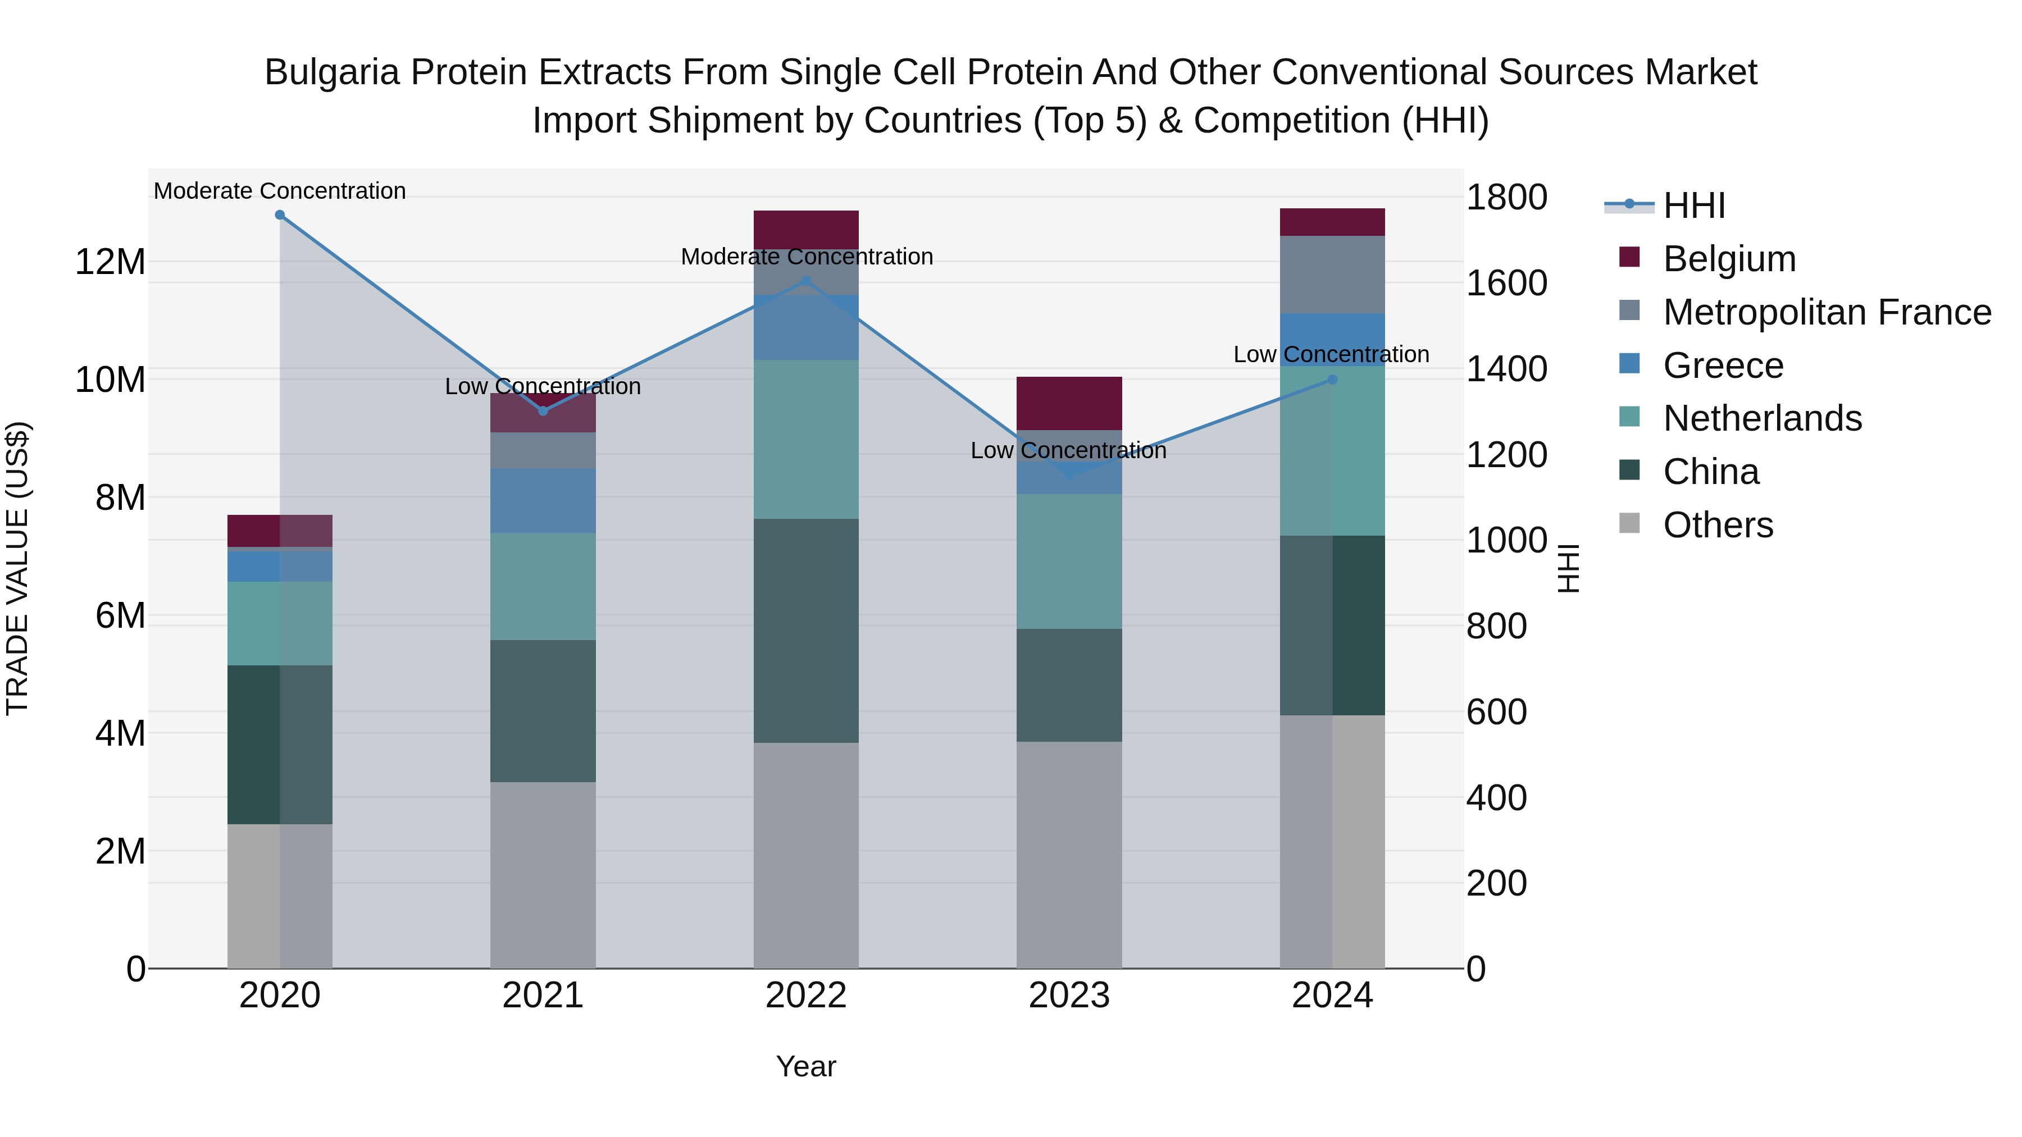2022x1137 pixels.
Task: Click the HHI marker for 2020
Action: pyautogui.click(x=280, y=215)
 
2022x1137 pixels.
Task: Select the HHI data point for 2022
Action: pyautogui.click(x=806, y=281)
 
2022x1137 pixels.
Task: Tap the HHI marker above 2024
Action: pyautogui.click(x=1332, y=380)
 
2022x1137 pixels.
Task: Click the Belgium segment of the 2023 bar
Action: pyautogui.click(x=1069, y=403)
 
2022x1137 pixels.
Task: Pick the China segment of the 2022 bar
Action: pyautogui.click(x=806, y=631)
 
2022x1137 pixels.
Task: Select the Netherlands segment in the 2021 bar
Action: pyautogui.click(x=543, y=586)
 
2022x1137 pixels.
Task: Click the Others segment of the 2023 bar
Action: pyautogui.click(x=1069, y=855)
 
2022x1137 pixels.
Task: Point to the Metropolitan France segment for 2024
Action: pyautogui.click(x=1332, y=275)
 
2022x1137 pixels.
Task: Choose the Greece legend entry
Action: pyautogui.click(x=1723, y=366)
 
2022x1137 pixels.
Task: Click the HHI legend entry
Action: pyautogui.click(x=1694, y=206)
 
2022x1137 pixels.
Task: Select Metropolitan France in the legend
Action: pyautogui.click(x=1827, y=312)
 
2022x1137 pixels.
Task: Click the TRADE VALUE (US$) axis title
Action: pyautogui.click(x=17, y=568)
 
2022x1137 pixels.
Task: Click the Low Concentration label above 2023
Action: pyautogui.click(x=1068, y=450)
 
